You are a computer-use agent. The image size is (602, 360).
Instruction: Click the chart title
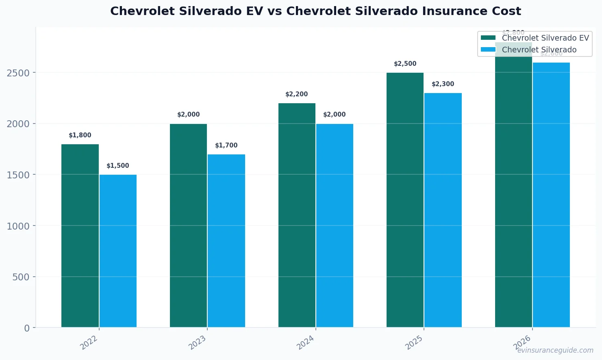click(315, 11)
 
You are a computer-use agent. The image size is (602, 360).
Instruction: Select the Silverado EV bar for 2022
click(80, 236)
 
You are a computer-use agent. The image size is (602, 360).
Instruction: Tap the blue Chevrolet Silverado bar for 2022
click(118, 251)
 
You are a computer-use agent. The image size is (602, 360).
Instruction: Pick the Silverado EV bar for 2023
click(188, 226)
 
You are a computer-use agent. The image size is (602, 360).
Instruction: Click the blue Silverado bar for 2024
click(335, 226)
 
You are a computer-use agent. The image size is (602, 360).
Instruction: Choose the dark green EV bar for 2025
click(405, 200)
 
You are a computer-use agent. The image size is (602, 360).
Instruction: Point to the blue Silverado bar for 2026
click(551, 195)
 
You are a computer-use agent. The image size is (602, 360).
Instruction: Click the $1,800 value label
click(80, 135)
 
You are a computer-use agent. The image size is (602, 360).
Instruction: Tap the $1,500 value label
click(118, 166)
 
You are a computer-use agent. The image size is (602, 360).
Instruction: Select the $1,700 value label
click(226, 145)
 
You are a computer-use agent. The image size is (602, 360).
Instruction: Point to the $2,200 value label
click(297, 94)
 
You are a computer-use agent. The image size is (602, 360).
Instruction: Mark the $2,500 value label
click(405, 64)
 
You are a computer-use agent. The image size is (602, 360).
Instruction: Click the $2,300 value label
click(443, 84)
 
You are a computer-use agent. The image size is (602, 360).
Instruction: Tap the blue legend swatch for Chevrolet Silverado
click(488, 50)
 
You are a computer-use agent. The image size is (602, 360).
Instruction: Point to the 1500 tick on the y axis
click(18, 175)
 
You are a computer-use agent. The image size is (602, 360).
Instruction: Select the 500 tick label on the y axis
click(21, 277)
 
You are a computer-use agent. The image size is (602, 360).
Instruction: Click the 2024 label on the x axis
click(306, 342)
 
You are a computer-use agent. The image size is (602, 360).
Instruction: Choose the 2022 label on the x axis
click(89, 342)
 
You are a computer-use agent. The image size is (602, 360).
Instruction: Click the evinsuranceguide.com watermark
click(555, 350)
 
